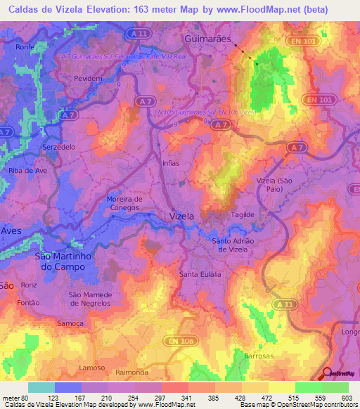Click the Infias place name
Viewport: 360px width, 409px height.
(171, 162)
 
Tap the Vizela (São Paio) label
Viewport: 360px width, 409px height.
(275, 185)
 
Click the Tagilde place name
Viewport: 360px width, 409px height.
(242, 215)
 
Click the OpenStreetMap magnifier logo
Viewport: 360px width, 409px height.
(328, 373)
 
